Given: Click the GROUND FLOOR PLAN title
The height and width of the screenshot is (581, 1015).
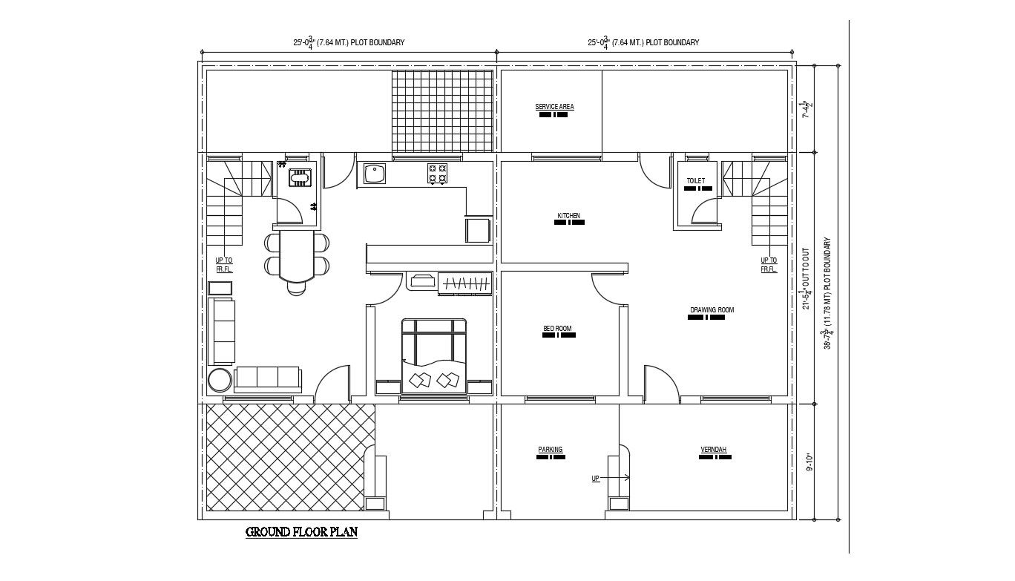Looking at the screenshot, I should [x=301, y=532].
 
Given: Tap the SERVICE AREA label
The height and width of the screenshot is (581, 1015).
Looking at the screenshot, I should [x=554, y=107].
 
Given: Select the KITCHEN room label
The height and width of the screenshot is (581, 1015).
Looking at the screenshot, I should [x=569, y=216].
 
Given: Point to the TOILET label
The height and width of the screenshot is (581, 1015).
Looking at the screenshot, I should [x=696, y=181].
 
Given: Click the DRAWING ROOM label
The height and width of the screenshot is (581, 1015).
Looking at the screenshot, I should [x=712, y=310].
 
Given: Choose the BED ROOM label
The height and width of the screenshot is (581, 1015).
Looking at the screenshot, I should [x=557, y=329].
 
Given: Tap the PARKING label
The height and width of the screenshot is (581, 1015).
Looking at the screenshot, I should [x=551, y=450].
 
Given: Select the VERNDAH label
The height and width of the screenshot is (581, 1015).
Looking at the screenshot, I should [x=714, y=450].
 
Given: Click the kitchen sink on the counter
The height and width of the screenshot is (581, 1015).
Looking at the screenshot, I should [x=374, y=174].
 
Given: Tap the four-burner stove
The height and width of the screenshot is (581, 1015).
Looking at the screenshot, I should [x=437, y=174].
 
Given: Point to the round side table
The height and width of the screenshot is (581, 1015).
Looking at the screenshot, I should [x=220, y=380].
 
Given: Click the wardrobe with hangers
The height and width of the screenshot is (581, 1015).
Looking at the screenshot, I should [x=464, y=282].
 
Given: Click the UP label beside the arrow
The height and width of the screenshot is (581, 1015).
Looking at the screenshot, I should [x=595, y=479].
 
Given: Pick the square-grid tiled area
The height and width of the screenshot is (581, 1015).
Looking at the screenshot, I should [x=441, y=111].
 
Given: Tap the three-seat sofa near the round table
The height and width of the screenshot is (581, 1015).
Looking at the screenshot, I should [x=267, y=378].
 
